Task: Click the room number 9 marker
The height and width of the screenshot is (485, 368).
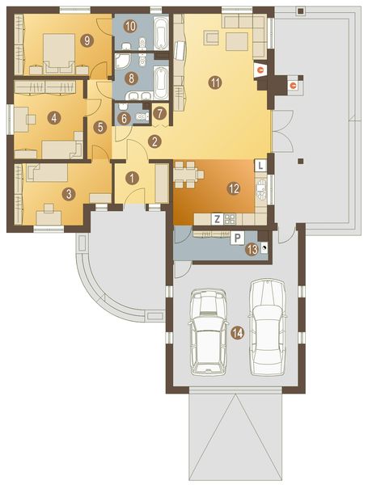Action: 87,39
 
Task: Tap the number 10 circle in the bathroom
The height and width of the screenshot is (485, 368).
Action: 130,26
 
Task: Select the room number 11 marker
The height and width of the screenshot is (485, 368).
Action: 214,82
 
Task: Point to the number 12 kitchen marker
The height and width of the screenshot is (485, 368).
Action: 233,188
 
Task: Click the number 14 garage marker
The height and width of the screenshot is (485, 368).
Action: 236,331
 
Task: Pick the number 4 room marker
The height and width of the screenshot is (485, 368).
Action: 53,118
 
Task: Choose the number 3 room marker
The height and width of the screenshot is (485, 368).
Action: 69,193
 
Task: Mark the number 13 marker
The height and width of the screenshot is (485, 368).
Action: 252,250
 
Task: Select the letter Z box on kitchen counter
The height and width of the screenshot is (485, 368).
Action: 218,218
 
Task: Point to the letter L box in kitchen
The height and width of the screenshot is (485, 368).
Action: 260,165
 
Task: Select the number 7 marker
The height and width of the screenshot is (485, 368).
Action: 159,113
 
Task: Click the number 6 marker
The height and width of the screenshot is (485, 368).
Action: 124,118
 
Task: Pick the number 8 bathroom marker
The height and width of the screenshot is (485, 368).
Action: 131,78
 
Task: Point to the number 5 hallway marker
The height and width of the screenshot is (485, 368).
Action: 99,127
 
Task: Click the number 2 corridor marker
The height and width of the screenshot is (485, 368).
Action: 154,141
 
